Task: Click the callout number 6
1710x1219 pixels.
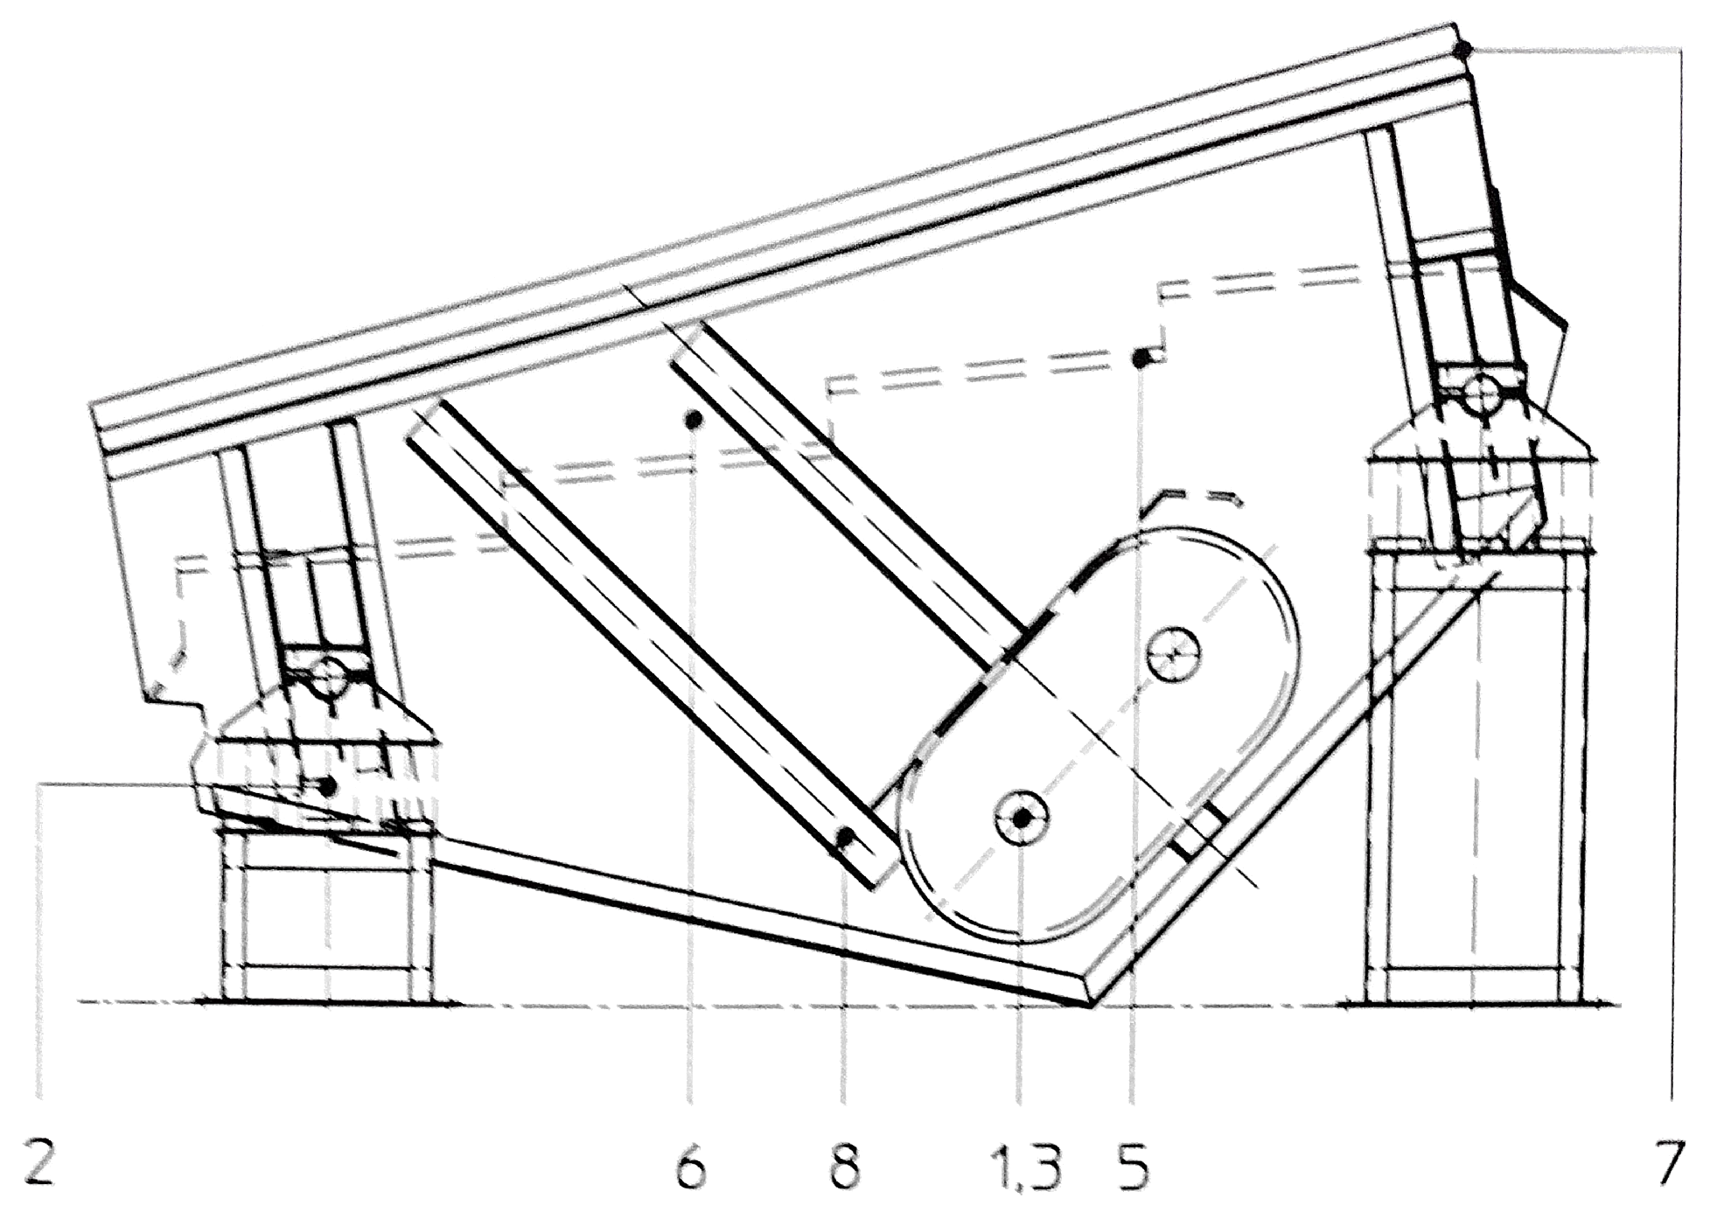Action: coord(691,1167)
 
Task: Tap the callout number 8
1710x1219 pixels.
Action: coord(843,1167)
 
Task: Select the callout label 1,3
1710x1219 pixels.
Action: coord(1025,1167)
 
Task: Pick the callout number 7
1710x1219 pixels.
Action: coord(1669,1164)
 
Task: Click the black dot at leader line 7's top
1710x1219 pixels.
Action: coord(1463,49)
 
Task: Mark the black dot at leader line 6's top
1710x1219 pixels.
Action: coord(694,421)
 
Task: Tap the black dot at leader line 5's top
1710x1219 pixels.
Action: coord(1141,359)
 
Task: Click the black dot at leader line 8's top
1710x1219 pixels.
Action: coord(845,837)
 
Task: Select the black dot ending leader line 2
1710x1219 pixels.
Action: coord(328,787)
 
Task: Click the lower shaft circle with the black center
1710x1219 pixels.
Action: coord(1022,818)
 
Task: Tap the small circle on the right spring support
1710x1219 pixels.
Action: coord(1482,395)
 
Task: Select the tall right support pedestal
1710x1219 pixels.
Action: coord(1475,778)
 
